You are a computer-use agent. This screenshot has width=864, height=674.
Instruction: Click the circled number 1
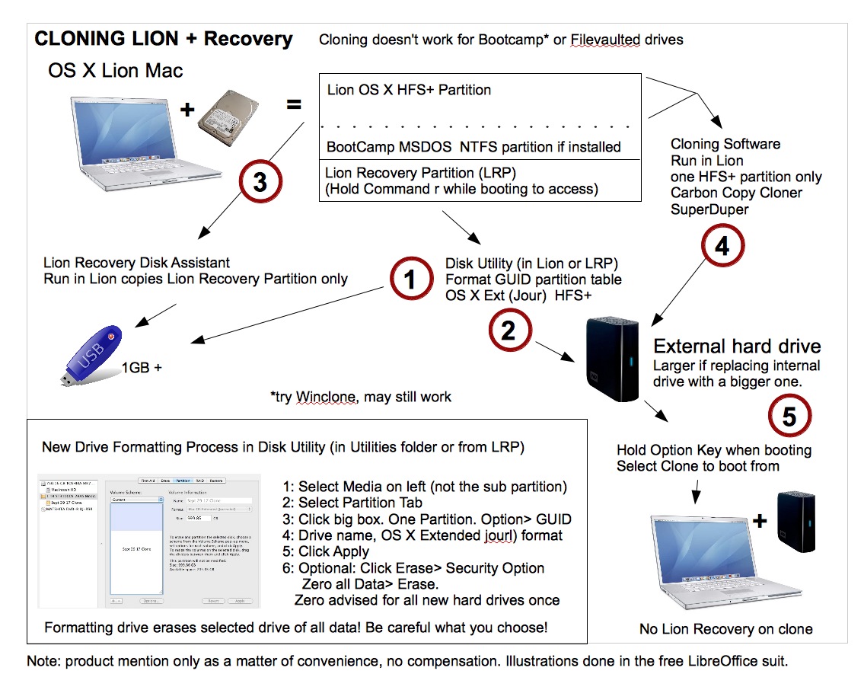tap(410, 280)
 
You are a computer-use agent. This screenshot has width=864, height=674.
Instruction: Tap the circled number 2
tap(508, 329)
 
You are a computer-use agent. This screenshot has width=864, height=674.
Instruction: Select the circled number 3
tap(261, 184)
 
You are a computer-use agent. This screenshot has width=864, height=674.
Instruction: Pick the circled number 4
tap(721, 246)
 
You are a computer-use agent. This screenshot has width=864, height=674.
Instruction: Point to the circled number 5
tap(789, 416)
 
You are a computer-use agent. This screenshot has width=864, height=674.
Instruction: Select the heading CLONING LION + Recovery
tap(164, 39)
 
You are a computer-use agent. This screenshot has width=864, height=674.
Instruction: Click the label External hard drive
tap(737, 347)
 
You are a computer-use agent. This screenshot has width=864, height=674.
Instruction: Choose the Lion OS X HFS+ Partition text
tap(409, 90)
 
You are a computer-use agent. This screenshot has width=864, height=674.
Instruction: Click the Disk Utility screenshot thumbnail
tap(148, 541)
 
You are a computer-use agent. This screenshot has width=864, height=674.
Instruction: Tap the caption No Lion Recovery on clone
tap(725, 629)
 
